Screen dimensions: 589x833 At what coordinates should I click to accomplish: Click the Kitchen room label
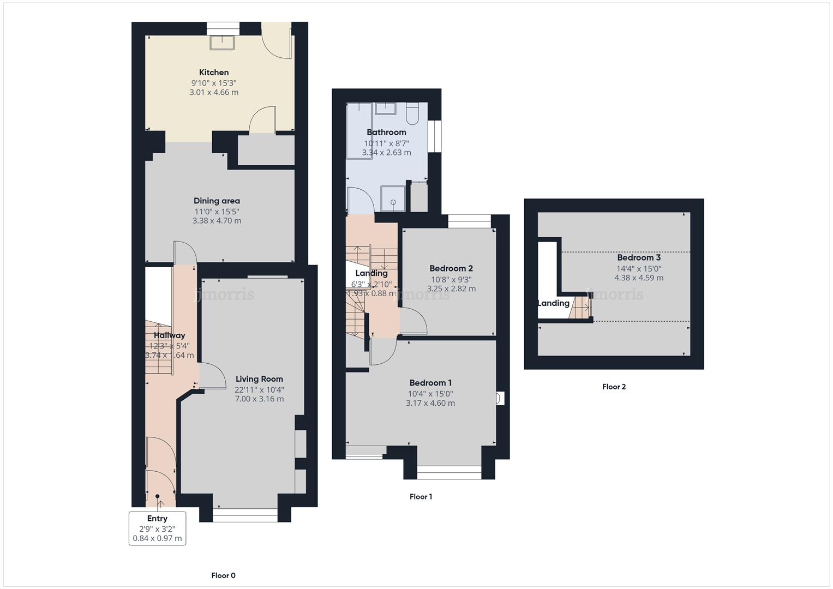(214, 73)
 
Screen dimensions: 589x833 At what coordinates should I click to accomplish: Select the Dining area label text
(217, 201)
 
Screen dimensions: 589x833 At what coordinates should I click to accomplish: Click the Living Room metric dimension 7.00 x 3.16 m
(259, 399)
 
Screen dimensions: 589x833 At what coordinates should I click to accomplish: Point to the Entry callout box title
(157, 519)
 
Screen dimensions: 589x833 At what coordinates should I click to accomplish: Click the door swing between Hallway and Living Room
(213, 376)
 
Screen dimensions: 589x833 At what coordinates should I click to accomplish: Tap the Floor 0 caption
(223, 575)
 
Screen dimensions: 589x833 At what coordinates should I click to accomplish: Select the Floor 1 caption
(421, 497)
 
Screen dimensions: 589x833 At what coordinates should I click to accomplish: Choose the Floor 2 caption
(614, 387)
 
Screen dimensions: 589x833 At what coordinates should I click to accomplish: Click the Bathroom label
(386, 133)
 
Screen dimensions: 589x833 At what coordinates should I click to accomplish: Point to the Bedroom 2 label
(451, 268)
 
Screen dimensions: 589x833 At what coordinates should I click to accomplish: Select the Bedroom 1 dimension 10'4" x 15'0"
(430, 394)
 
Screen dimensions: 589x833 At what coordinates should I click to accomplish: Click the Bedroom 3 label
(639, 257)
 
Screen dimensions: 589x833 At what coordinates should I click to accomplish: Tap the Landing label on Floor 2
(553, 303)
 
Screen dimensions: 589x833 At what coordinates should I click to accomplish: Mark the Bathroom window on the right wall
(435, 136)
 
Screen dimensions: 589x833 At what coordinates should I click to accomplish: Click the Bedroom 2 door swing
(413, 321)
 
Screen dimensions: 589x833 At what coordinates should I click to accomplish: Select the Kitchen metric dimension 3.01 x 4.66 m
(214, 93)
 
